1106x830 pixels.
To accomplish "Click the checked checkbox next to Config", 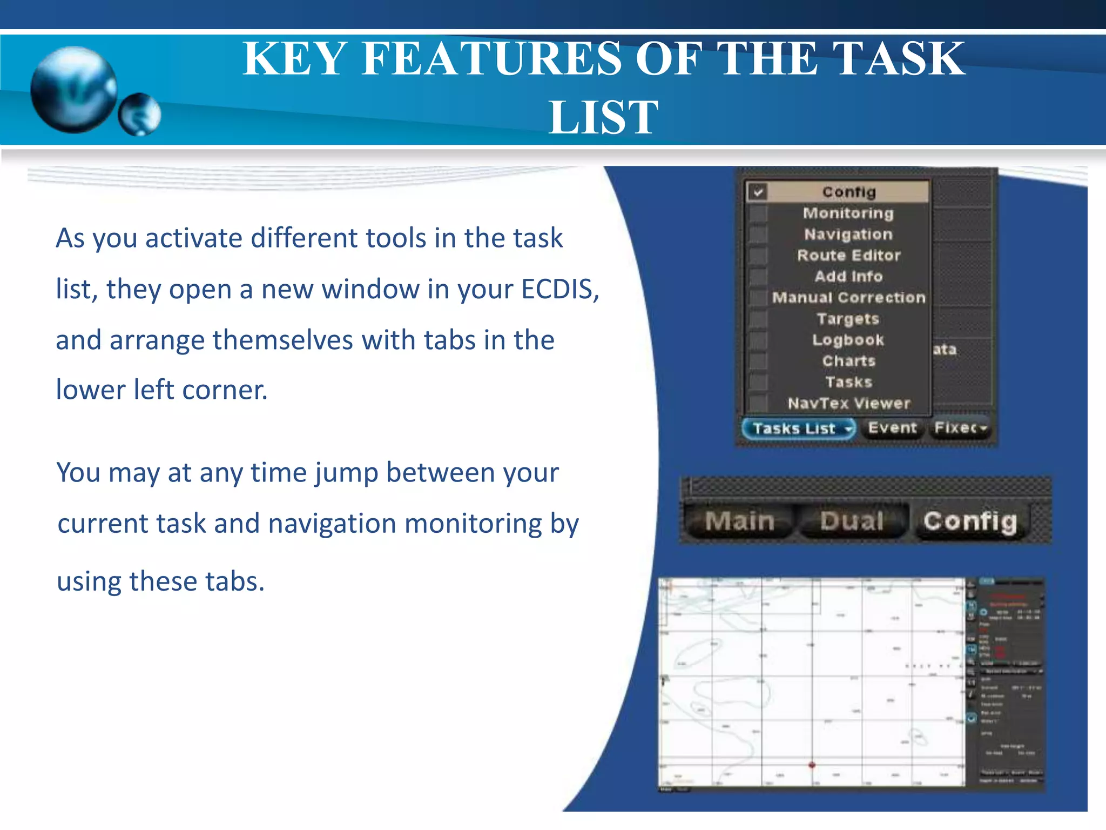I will click(x=758, y=192).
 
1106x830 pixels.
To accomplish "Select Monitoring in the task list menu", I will click(x=848, y=213).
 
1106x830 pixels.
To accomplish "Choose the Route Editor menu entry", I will click(x=848, y=255).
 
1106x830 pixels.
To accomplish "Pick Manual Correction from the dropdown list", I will click(x=848, y=297).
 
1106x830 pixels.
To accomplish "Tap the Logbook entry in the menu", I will click(x=848, y=340).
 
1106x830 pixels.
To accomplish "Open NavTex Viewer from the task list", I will click(x=848, y=403).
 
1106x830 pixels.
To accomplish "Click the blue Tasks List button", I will click(x=798, y=429).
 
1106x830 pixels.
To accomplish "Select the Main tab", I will click(x=739, y=521).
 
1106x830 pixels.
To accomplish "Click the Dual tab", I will click(x=852, y=521).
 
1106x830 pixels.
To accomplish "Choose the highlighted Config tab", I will click(x=970, y=521).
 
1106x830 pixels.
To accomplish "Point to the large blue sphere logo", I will click(x=74, y=89).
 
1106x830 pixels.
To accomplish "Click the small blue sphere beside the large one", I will click(x=139, y=114).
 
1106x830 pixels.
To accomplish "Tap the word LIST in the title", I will click(x=603, y=117).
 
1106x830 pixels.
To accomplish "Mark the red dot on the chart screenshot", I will click(x=812, y=765).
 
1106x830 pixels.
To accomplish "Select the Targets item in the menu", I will click(x=848, y=319).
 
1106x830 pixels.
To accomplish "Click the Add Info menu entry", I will click(x=848, y=276).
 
